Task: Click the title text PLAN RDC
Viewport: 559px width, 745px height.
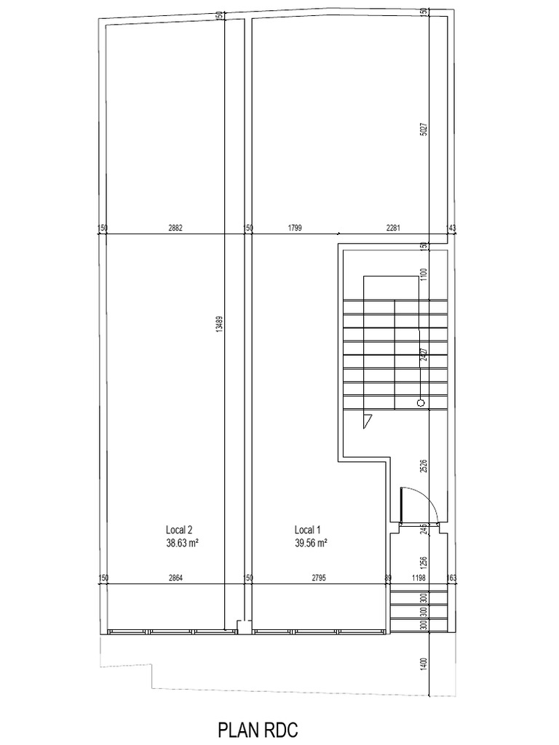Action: tap(258, 730)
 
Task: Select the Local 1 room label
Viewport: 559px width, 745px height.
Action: tap(306, 530)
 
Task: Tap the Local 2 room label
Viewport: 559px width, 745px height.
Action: tap(179, 530)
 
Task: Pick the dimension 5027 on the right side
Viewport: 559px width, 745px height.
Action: tap(424, 131)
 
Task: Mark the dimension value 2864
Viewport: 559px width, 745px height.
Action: tap(175, 578)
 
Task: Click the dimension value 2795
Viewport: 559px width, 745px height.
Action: tap(318, 578)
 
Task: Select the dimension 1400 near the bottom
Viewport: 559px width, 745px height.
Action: tap(424, 663)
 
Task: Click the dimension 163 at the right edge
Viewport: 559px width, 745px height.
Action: tap(451, 578)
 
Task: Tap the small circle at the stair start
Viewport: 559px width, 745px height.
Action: tap(420, 402)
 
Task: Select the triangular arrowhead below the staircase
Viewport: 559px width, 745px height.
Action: tap(368, 419)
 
